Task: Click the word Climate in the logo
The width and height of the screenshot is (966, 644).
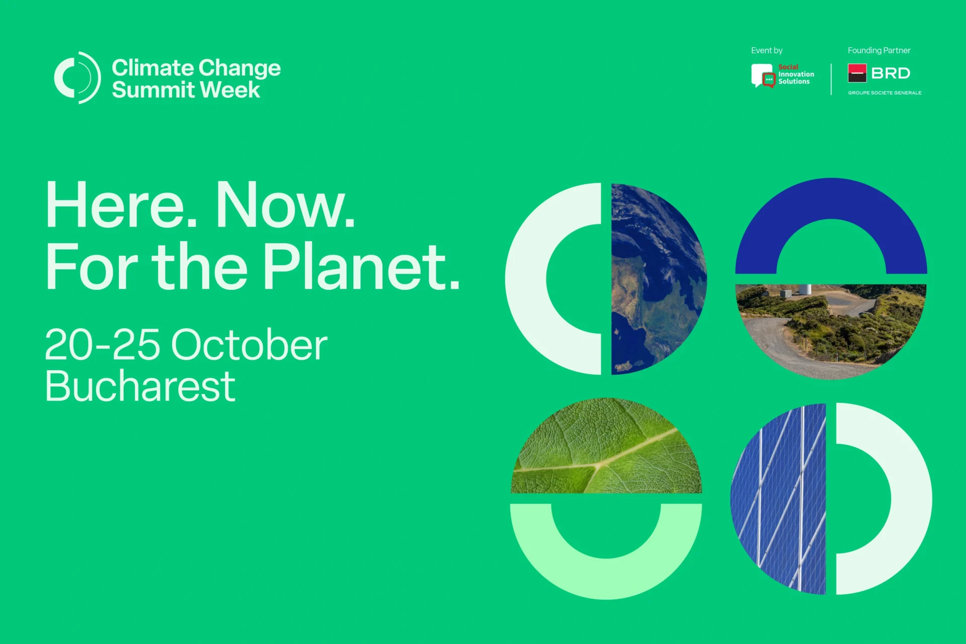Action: [x=153, y=68]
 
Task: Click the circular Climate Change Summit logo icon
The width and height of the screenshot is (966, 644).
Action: [x=77, y=77]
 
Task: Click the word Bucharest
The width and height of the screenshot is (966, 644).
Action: [x=140, y=386]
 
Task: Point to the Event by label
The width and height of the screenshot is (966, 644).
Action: [x=767, y=50]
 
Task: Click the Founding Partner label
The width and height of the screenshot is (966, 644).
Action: [x=879, y=50]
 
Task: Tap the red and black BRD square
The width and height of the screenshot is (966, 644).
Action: [x=857, y=73]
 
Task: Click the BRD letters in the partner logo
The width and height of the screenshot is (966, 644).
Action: [x=891, y=73]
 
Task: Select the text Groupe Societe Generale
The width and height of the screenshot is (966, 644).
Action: [x=884, y=93]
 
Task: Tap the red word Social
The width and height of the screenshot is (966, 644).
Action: [x=788, y=67]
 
